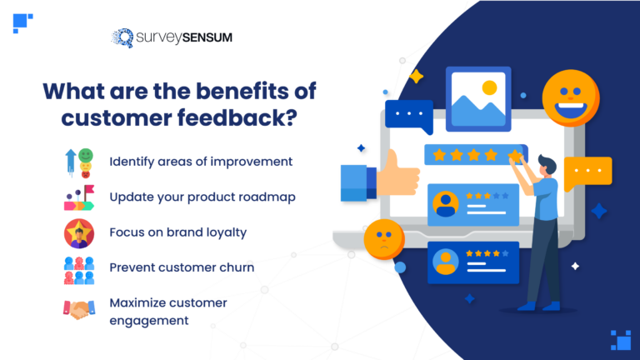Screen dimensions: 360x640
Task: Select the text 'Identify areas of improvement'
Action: click(201, 162)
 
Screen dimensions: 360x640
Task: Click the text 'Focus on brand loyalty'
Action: click(177, 233)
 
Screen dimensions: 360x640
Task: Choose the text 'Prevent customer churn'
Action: click(181, 268)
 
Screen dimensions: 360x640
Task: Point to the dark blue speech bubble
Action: click(407, 115)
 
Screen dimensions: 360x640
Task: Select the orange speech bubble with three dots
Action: click(587, 172)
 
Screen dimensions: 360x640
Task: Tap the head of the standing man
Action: click(542, 164)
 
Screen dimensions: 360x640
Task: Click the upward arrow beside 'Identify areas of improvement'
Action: click(70, 162)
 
